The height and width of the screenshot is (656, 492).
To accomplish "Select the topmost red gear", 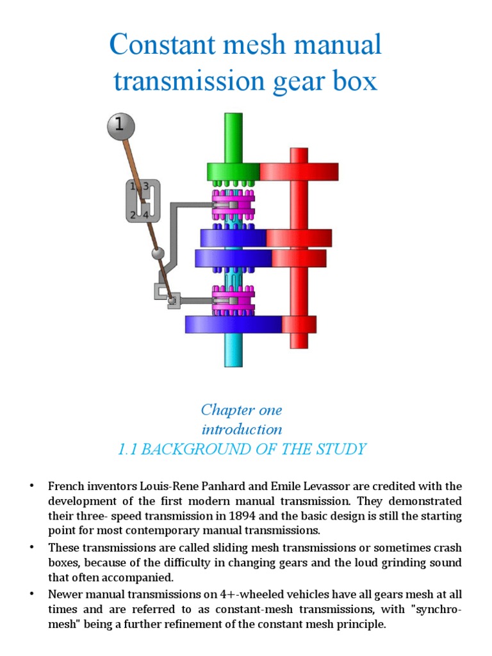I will [299, 172].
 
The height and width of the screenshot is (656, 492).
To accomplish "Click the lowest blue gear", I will [234, 324].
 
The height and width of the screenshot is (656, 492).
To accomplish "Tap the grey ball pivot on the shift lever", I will [158, 254].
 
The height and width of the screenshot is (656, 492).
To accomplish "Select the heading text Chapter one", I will [241, 409].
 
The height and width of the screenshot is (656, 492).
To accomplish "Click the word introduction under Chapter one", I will [242, 429].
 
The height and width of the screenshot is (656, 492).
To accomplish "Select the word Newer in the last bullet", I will [65, 594].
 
